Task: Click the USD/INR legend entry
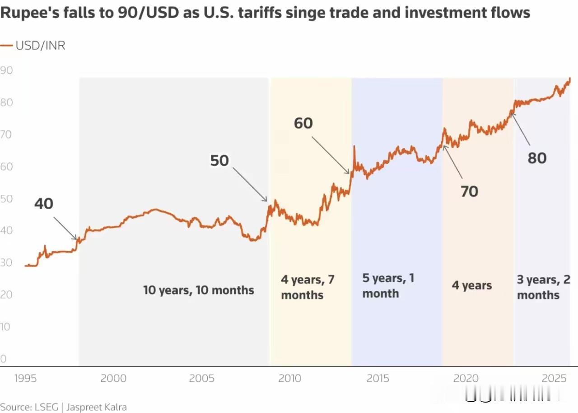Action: tap(33, 46)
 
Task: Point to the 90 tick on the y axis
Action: tap(6, 71)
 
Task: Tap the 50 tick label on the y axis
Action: tap(6, 199)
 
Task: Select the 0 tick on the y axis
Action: tap(4, 359)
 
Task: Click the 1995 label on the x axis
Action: tap(25, 378)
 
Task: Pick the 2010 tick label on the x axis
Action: tap(289, 378)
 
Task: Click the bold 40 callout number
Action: tap(44, 204)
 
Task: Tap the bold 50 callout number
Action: tap(219, 161)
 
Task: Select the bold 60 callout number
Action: tap(303, 123)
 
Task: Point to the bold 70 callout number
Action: tap(469, 192)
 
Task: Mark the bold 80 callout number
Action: tap(537, 158)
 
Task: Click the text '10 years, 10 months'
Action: tap(199, 290)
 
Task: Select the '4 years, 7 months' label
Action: tap(308, 287)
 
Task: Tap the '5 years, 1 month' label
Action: tap(388, 285)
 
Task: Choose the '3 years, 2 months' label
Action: tap(543, 287)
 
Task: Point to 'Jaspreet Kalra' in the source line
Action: tap(97, 407)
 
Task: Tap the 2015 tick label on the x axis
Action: tap(378, 378)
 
